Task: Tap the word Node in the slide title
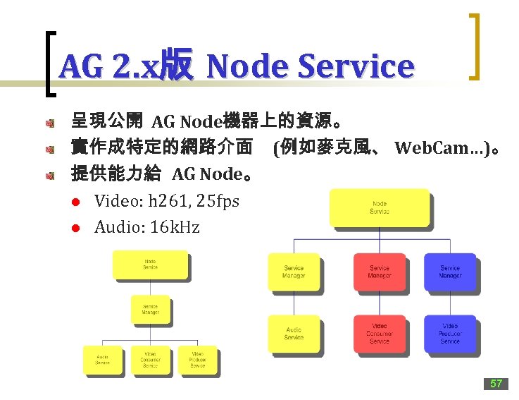tap(246, 66)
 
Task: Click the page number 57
tap(496, 384)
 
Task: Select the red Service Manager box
tap(379, 272)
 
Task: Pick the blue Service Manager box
tap(449, 272)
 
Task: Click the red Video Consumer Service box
tap(379, 334)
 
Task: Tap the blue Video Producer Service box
tap(449, 334)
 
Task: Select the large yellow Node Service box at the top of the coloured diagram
tap(379, 207)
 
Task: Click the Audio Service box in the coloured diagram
tap(294, 334)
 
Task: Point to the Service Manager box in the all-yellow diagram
tap(150, 309)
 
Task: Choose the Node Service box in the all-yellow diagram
tap(150, 265)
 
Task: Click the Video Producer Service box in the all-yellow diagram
tap(197, 360)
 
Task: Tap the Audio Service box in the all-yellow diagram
tap(103, 360)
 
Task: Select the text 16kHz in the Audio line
tap(174, 227)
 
